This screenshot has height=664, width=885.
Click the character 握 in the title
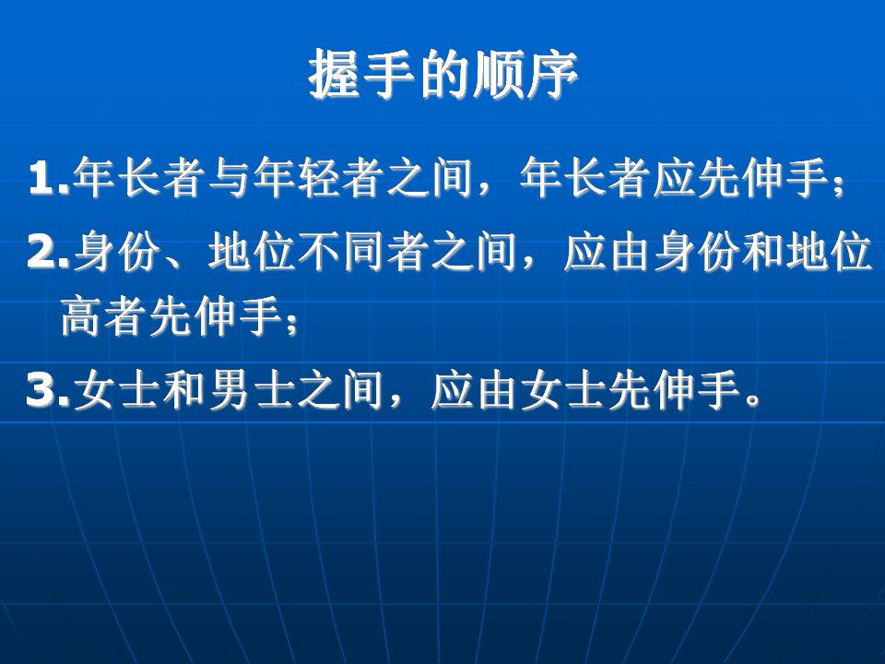335,75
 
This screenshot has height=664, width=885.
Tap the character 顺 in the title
497,75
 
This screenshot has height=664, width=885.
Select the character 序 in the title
551,75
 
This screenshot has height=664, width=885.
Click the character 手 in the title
389,75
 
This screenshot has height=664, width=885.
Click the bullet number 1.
48,177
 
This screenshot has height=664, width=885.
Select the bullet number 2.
48,252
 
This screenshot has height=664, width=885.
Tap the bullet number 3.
48,390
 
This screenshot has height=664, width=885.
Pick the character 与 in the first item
229,177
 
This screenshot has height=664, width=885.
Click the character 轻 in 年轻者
317,177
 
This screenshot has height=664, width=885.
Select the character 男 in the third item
229,390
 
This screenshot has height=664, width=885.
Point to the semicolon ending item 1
839,184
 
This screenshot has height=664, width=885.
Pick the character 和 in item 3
183,390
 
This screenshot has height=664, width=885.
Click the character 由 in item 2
630,252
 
